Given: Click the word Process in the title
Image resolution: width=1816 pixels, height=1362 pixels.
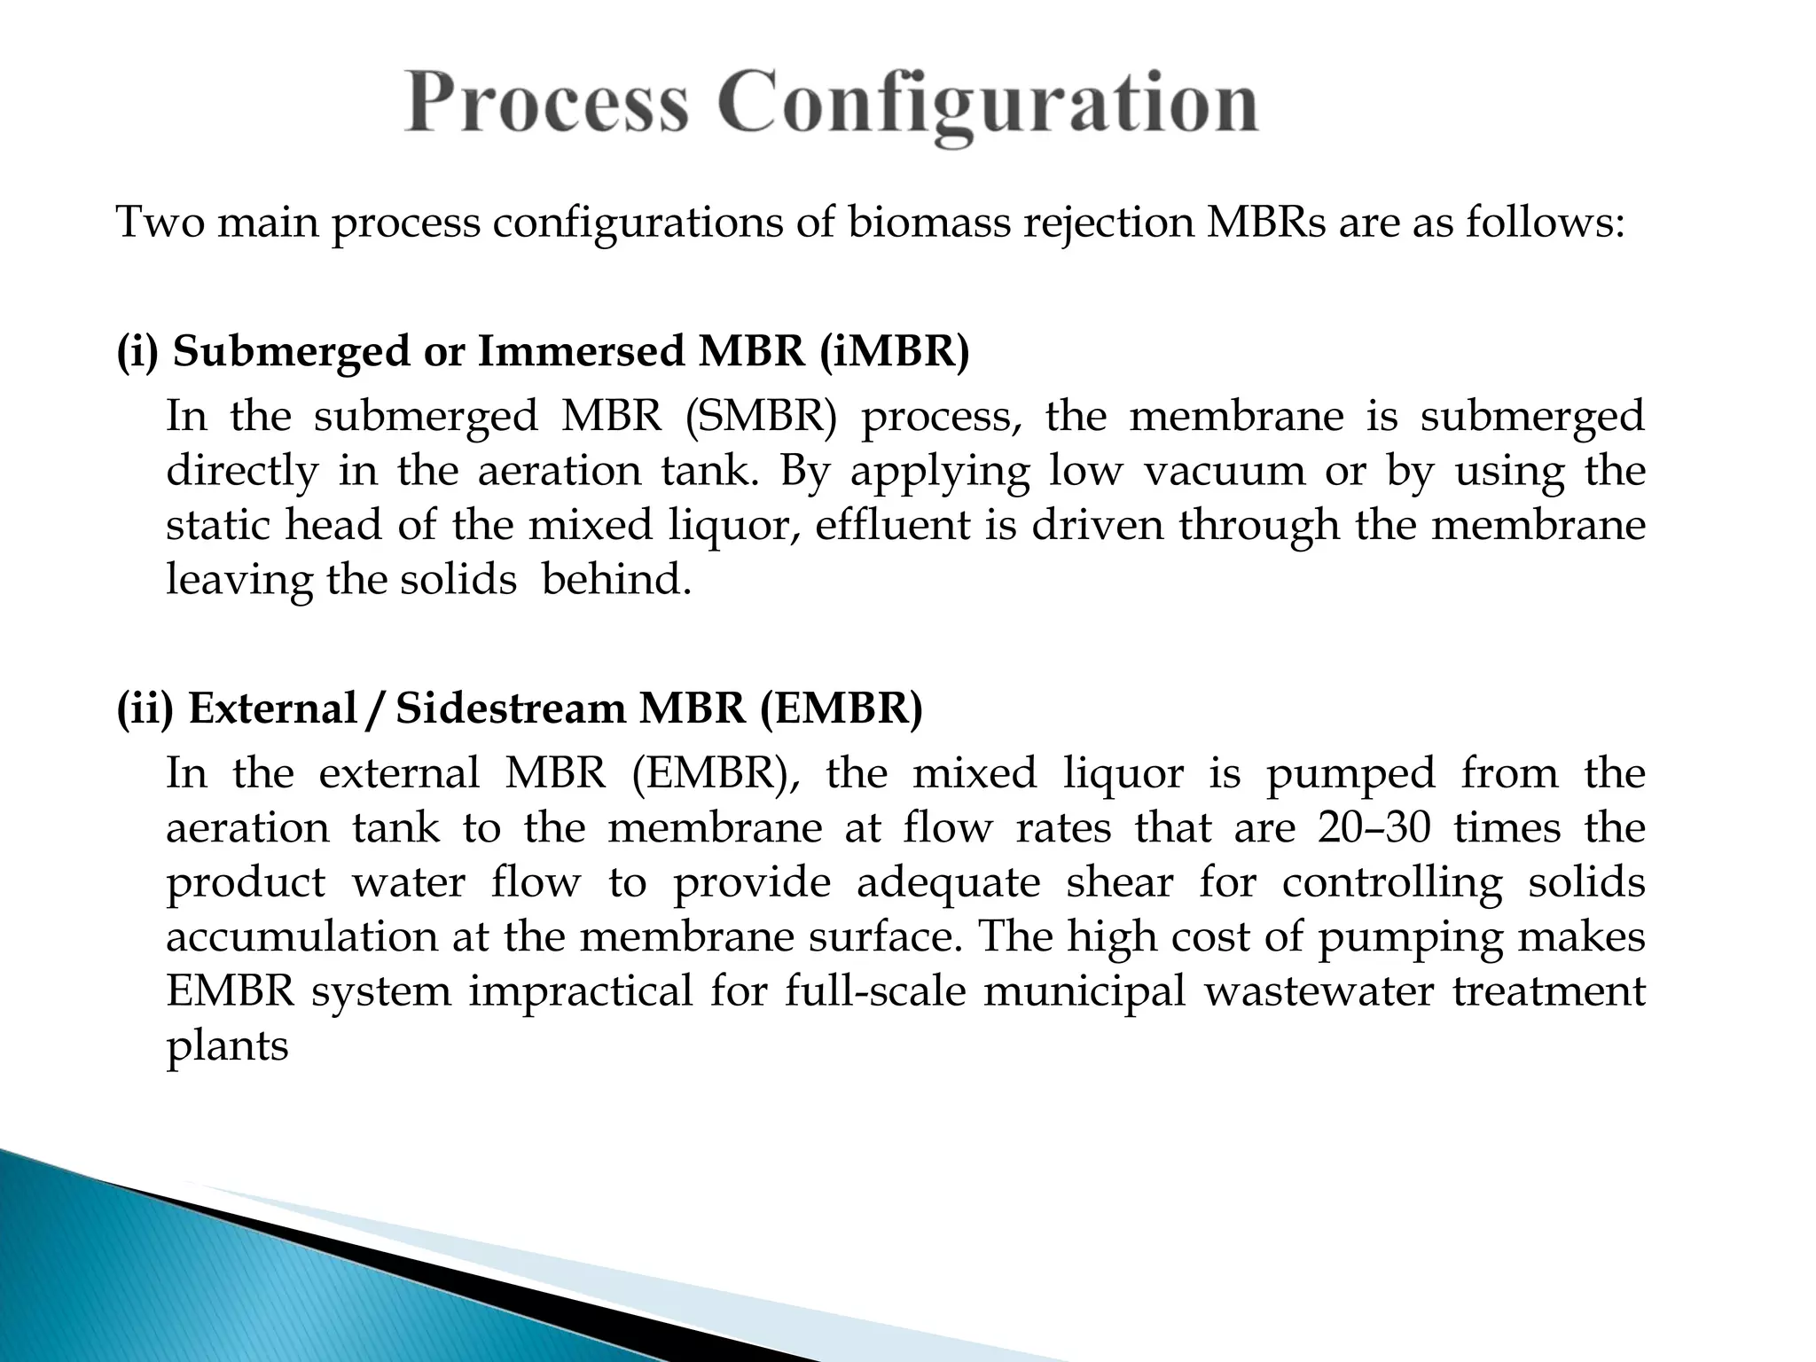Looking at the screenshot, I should coord(546,105).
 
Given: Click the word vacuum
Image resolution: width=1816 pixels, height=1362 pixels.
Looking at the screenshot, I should coord(1224,470).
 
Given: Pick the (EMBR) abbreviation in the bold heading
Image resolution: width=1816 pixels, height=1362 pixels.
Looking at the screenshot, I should coord(841,708).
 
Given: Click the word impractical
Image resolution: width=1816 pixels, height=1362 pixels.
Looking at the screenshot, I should coord(581,990).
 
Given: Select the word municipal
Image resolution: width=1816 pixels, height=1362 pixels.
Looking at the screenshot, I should coord(1084,990).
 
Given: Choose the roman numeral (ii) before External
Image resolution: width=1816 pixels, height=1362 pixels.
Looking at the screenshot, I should coord(145,708).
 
